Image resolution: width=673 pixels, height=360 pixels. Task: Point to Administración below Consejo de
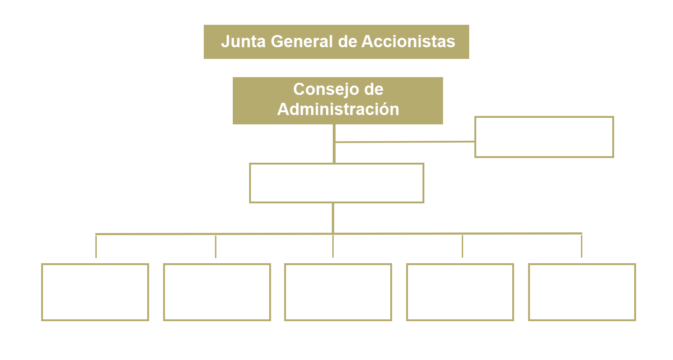(338, 109)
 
